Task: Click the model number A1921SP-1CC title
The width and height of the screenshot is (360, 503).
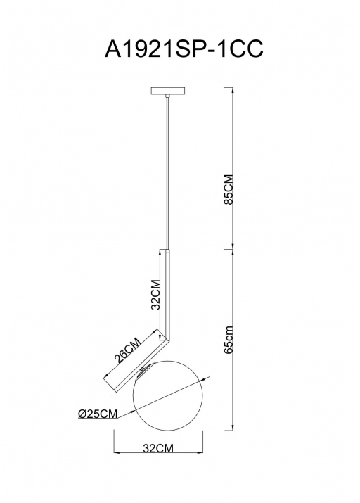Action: pyautogui.click(x=184, y=49)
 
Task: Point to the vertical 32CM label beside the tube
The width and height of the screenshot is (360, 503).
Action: pyautogui.click(x=156, y=295)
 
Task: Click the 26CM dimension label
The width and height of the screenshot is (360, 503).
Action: pyautogui.click(x=128, y=350)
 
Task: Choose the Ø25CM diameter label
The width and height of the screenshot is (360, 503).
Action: pyautogui.click(x=98, y=414)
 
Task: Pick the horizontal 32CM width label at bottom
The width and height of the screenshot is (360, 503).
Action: pyautogui.click(x=158, y=448)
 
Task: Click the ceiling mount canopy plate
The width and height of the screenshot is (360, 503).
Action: pyautogui.click(x=167, y=91)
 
